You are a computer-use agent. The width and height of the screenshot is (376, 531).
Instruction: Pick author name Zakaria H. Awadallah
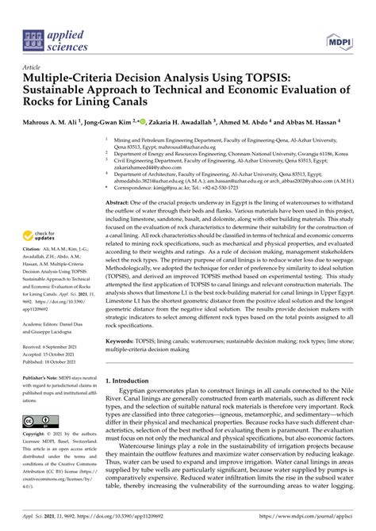(x=190, y=124)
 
